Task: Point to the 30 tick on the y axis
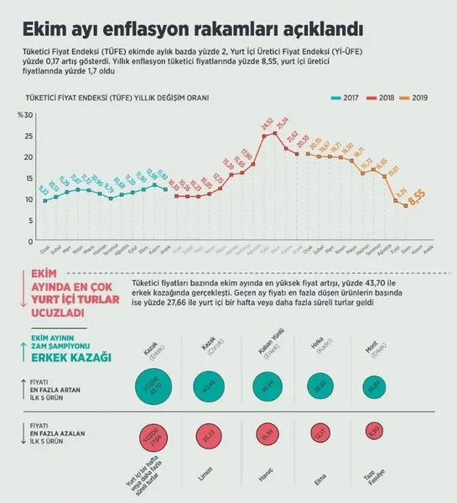click(28, 114)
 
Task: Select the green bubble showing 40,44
click(209, 385)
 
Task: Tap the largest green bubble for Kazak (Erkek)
click(153, 386)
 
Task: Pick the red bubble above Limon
click(209, 434)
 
